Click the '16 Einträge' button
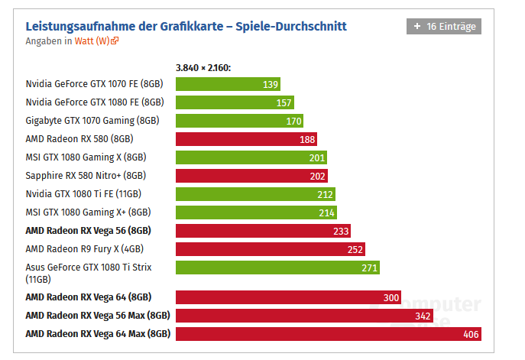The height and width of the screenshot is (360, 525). pos(444,26)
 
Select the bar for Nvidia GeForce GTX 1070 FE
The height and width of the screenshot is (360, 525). pos(228,84)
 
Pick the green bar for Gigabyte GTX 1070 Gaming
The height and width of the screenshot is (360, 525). pos(239,121)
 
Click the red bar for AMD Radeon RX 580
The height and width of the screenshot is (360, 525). pos(246,139)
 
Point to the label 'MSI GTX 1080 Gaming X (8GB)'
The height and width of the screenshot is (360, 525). pos(86,157)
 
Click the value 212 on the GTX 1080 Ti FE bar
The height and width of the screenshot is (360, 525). pos(326,194)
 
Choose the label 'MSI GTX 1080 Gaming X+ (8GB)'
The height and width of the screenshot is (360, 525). pos(88,212)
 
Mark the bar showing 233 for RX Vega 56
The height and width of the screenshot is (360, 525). pos(263,231)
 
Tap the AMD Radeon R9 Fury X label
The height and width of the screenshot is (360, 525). pos(84,249)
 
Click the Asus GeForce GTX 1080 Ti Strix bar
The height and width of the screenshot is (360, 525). pos(277,268)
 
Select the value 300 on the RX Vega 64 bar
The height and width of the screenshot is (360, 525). pos(391,298)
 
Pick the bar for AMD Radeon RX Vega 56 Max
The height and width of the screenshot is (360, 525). pos(304,316)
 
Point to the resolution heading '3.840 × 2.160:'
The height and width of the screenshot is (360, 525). pos(203,67)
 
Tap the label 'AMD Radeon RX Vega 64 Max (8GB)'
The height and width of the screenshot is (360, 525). pos(98,334)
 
